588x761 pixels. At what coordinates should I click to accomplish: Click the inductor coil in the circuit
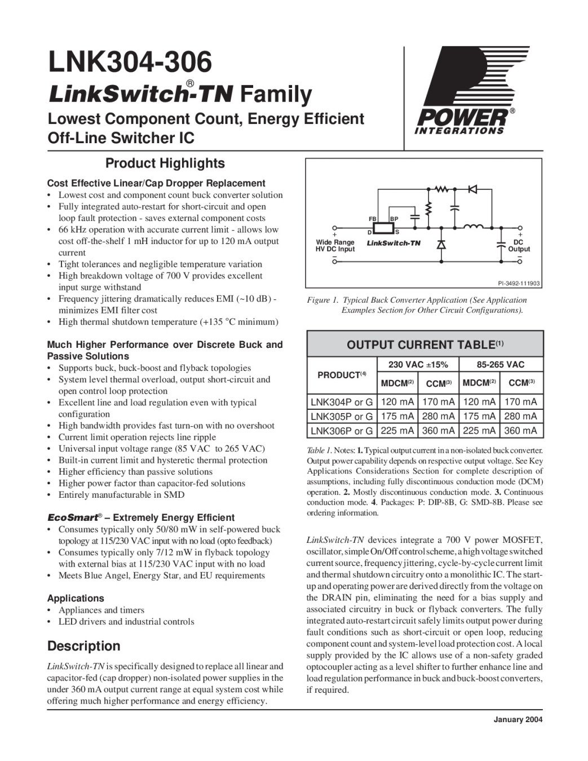473,227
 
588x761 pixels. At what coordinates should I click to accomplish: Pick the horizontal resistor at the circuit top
441,188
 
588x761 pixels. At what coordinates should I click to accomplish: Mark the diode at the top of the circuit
472,188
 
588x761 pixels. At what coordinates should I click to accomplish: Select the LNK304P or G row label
342,402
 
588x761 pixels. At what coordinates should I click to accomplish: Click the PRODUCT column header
342,375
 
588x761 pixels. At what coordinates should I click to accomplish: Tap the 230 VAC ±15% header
418,365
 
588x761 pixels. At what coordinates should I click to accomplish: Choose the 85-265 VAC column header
500,365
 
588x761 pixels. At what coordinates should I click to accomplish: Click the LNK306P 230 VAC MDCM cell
397,431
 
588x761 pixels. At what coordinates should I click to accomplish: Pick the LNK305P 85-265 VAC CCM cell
520,417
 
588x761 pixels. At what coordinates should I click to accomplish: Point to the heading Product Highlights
165,163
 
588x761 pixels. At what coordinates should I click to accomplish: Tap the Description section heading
84,646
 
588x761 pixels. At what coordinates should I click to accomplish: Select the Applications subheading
76,598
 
